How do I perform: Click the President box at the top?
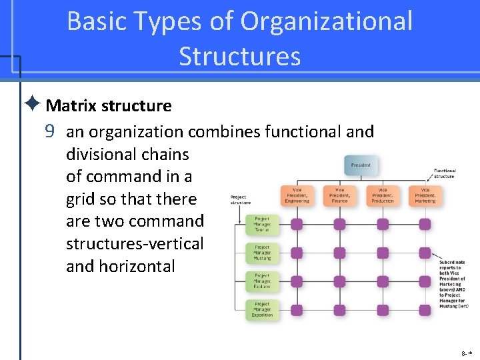(x=361, y=165)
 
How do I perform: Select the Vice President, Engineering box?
(x=296, y=195)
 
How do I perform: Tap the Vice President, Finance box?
(x=339, y=195)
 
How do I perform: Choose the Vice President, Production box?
(x=383, y=195)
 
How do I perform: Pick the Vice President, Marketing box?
(x=425, y=195)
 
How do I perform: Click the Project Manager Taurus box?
(x=262, y=224)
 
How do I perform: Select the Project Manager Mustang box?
(x=262, y=253)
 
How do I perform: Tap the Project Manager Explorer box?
(x=262, y=281)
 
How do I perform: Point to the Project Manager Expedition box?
(x=262, y=310)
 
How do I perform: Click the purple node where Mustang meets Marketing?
(x=425, y=253)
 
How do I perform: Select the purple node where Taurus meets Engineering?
(x=297, y=224)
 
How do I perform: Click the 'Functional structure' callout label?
(x=444, y=173)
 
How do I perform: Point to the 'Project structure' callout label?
(x=239, y=199)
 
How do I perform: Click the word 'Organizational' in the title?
(x=327, y=21)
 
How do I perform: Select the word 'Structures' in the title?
(x=239, y=57)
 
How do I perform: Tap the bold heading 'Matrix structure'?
(x=109, y=106)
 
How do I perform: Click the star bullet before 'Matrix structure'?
(x=33, y=105)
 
